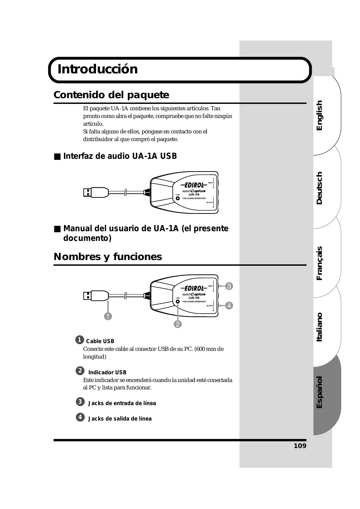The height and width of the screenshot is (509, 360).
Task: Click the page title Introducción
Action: (97, 69)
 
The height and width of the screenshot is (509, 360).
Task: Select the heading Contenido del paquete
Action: (111, 95)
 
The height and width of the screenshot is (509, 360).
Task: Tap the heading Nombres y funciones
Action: (107, 257)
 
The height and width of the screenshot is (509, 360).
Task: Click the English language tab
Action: (319, 115)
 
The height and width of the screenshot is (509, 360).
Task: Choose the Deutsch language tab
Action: (319, 188)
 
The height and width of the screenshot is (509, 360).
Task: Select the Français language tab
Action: (319, 263)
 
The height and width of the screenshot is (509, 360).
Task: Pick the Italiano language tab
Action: (319, 327)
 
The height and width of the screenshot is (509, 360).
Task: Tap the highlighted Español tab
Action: (319, 392)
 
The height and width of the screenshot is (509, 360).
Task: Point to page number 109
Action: (300, 446)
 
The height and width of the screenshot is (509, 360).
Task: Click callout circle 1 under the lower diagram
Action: (108, 316)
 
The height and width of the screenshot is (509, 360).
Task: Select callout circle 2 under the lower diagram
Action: (177, 324)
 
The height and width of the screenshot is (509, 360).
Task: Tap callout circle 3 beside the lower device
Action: (229, 286)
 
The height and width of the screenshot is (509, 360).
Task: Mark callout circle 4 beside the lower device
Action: (229, 306)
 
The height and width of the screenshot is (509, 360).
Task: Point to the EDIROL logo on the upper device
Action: (194, 185)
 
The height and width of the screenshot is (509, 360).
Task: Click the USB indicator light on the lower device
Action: (178, 302)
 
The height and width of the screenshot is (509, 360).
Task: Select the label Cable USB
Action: (100, 341)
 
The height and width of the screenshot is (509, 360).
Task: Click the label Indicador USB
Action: (107, 372)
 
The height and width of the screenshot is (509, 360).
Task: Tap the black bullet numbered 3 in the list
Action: (80, 402)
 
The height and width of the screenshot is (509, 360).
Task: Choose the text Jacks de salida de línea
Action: (120, 419)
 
